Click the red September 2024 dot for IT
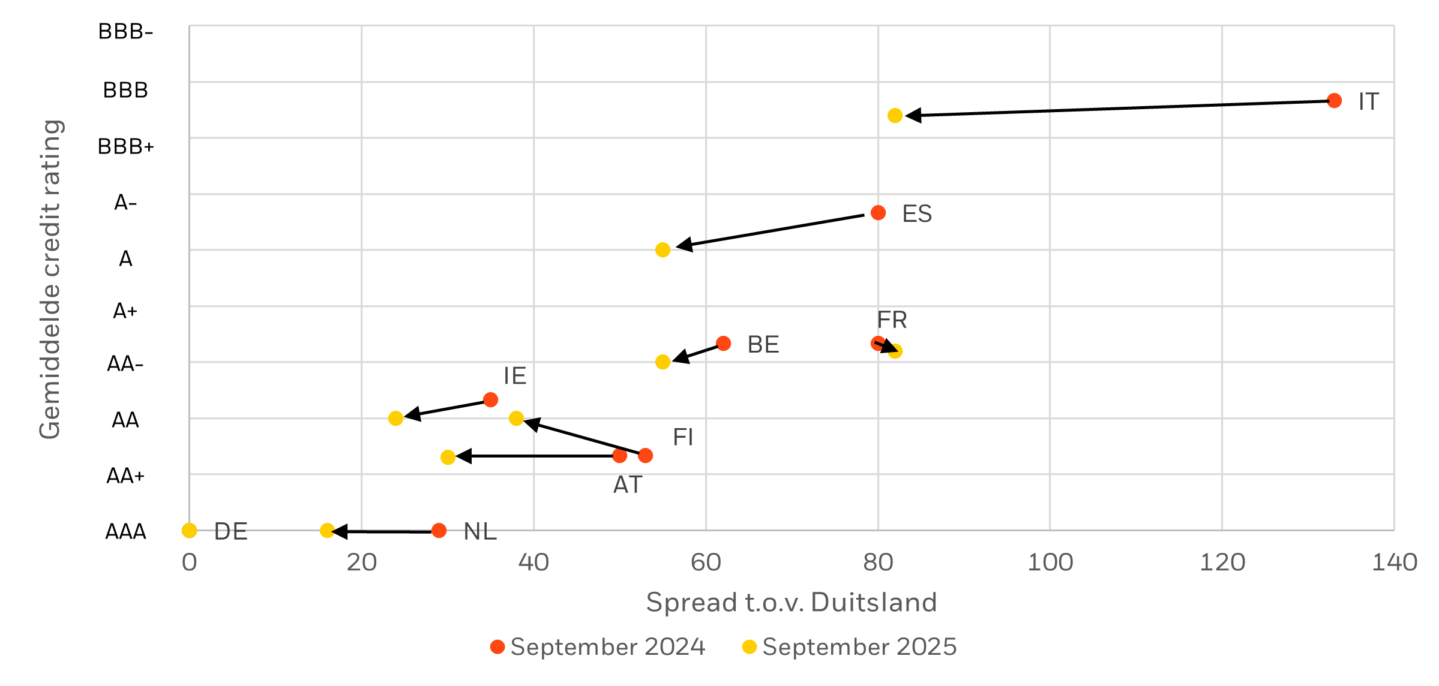click(x=1334, y=101)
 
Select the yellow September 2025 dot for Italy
click(x=895, y=116)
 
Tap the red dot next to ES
click(x=878, y=212)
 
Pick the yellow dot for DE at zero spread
click(x=189, y=530)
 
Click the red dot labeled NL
click(x=439, y=531)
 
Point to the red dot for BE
click(x=724, y=344)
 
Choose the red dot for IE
click(x=490, y=399)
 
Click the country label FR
click(x=892, y=320)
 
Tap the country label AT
click(x=628, y=485)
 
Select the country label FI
click(x=683, y=437)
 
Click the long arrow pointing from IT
click(x=1116, y=108)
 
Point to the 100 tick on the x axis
click(x=1050, y=562)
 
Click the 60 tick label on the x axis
click(x=706, y=562)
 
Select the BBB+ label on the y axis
click(x=126, y=146)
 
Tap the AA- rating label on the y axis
click(x=125, y=364)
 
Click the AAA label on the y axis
click(x=125, y=532)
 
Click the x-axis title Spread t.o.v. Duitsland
click(x=791, y=602)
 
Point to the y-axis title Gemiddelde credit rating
click(x=50, y=279)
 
